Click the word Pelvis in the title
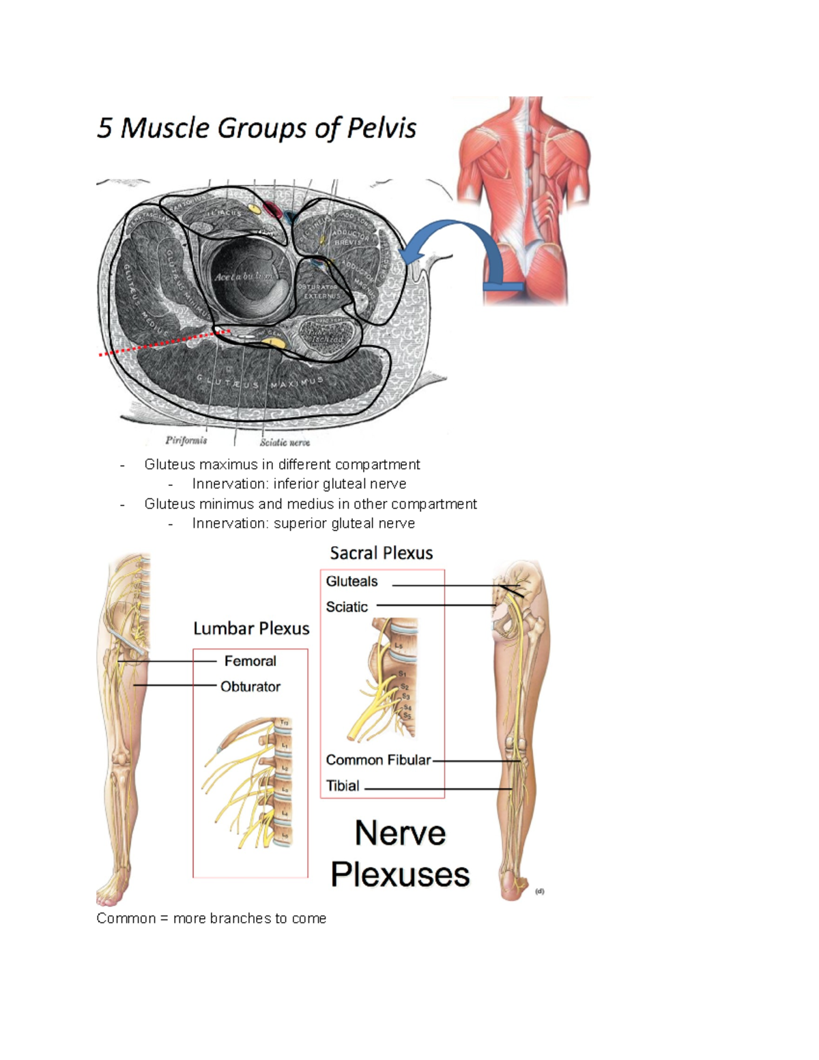[382, 128]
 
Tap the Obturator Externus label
[318, 291]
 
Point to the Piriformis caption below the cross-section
[186, 440]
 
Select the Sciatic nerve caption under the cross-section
[285, 442]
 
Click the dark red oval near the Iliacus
[272, 210]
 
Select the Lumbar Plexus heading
[251, 629]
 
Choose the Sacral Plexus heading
[382, 553]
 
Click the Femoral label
[250, 661]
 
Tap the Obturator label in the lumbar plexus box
[250, 687]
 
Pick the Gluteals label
[351, 582]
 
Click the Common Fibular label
[378, 760]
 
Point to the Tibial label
[343, 786]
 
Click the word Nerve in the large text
[401, 833]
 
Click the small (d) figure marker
[540, 891]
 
